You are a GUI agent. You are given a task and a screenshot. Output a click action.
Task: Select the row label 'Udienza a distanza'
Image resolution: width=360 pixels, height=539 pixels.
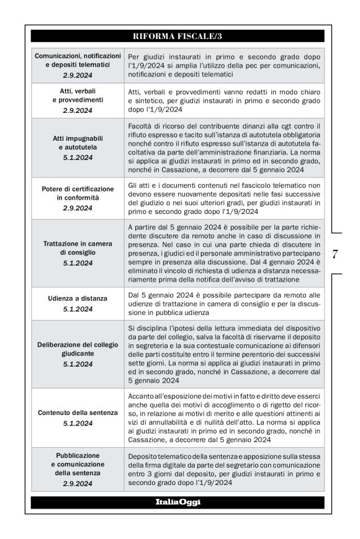point(77,298)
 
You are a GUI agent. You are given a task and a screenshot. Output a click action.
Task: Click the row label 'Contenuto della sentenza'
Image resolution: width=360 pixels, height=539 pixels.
point(77,412)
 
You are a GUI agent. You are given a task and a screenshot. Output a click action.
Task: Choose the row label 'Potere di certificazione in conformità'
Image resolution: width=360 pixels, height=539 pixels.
point(77,193)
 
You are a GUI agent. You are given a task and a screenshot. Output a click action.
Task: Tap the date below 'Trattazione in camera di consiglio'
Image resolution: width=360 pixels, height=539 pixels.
point(77,263)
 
